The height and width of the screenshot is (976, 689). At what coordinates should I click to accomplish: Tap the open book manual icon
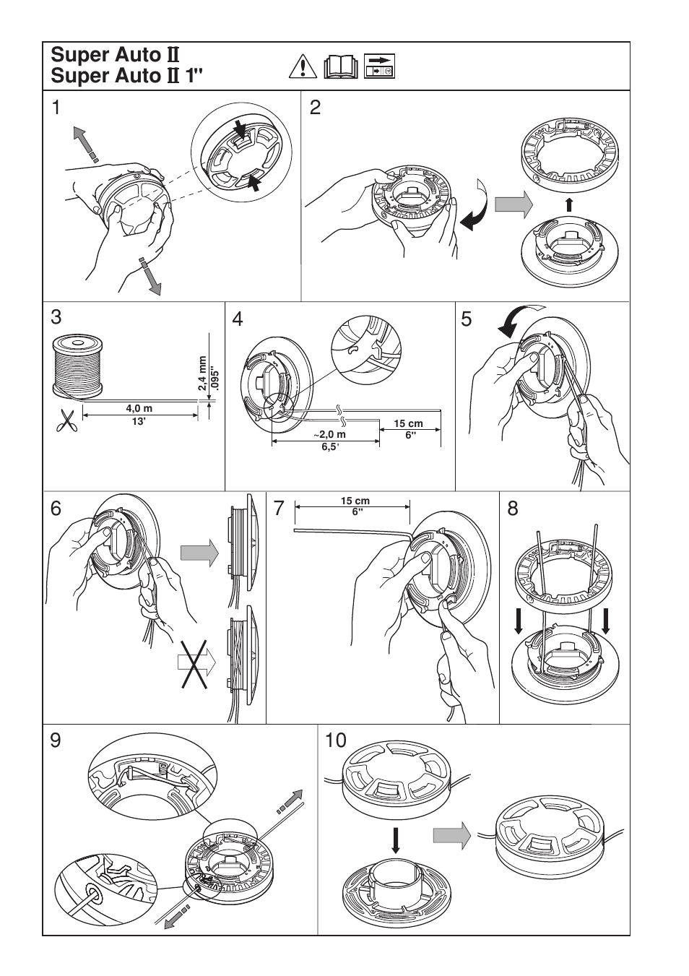tap(341, 66)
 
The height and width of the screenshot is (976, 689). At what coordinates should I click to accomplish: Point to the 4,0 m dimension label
tap(139, 408)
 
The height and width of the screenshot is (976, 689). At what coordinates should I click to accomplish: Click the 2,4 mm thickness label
tap(202, 373)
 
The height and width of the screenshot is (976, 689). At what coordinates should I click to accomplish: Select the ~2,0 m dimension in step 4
tap(329, 434)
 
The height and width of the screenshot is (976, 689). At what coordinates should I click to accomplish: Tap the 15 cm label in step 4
tap(408, 424)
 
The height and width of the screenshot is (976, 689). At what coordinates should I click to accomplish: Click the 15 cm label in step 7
tap(355, 501)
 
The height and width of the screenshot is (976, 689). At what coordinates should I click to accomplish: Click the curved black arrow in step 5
tap(514, 322)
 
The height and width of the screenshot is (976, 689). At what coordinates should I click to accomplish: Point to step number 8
tap(513, 509)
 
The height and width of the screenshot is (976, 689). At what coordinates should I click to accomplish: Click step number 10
tap(336, 740)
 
